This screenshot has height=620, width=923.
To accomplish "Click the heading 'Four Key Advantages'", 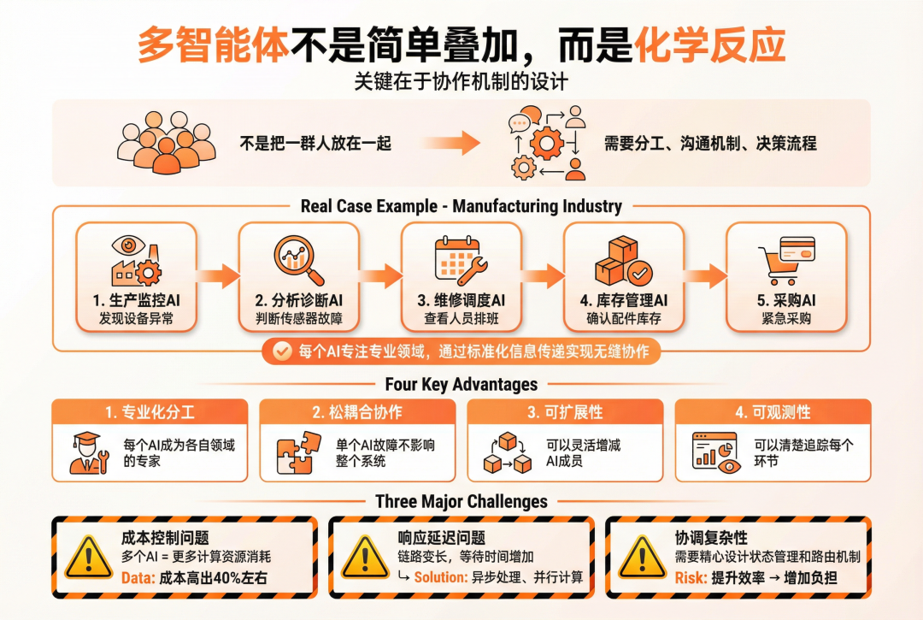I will (461, 384).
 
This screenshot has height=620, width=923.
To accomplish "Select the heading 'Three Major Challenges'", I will (461, 501).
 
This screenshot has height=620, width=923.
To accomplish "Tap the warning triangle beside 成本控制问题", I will (88, 557).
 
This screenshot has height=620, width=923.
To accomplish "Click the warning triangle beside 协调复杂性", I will (643, 557).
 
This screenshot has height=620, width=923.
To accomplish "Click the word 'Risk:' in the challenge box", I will (691, 577).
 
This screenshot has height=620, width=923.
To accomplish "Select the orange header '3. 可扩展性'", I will (565, 412).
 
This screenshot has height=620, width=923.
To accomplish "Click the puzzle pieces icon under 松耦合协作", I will (298, 452).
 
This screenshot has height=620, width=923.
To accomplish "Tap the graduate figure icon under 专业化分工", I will (89, 452).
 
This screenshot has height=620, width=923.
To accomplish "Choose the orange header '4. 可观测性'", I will (773, 412).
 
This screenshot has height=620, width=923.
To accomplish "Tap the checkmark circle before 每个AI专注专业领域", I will (279, 351).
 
